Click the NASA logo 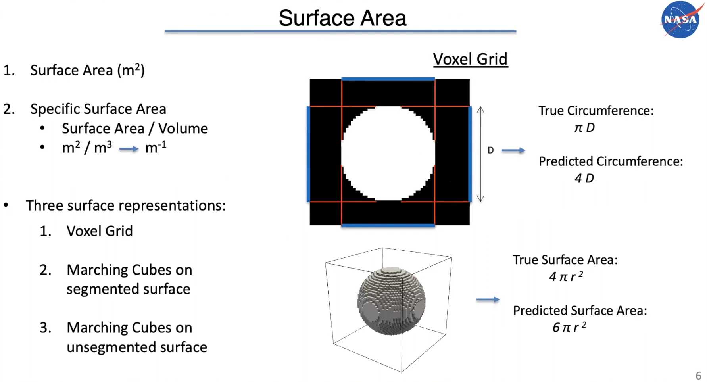click(x=680, y=19)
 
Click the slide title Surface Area click(x=342, y=18)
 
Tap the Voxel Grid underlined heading click(x=470, y=59)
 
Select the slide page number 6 click(x=698, y=375)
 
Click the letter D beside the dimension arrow click(x=491, y=150)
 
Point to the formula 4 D click(x=584, y=178)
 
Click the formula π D click(x=584, y=128)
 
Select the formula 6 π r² click(x=569, y=327)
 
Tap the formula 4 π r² click(x=566, y=276)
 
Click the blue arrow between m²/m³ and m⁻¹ click(x=129, y=149)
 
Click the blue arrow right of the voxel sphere click(x=488, y=299)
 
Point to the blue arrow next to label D click(x=513, y=150)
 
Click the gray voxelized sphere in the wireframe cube click(x=391, y=301)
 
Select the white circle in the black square click(x=388, y=153)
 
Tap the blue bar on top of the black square click(x=388, y=79)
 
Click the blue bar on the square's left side click(x=308, y=154)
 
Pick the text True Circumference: click(x=596, y=111)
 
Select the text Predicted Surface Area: click(x=580, y=311)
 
